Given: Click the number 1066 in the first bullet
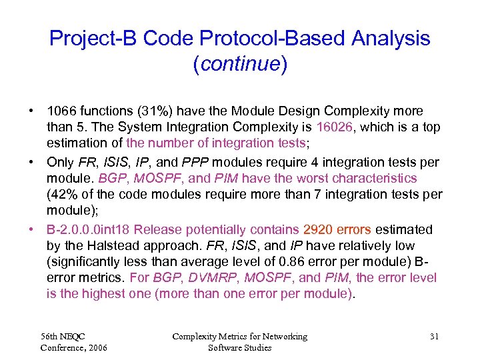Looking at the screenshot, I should point(62,111).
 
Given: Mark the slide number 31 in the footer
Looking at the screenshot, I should point(434,337).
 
